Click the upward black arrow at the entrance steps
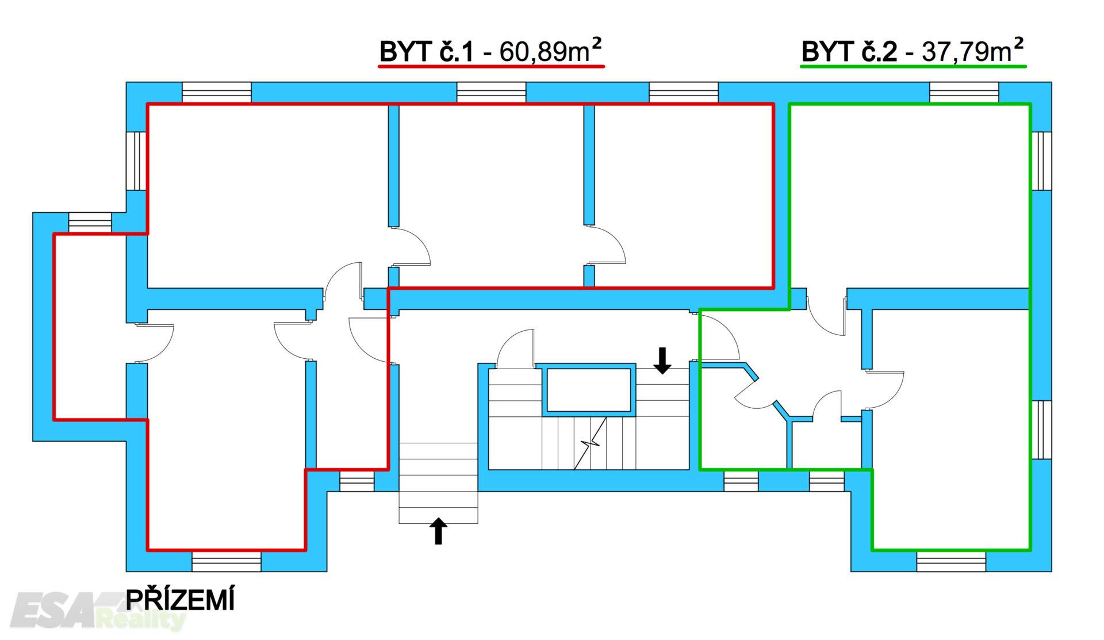click(x=439, y=531)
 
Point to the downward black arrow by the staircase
click(x=663, y=360)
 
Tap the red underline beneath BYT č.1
click(x=491, y=67)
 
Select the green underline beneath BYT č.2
click(x=913, y=67)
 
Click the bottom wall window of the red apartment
click(x=227, y=561)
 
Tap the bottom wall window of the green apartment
click(x=951, y=561)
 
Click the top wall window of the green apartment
click(x=964, y=93)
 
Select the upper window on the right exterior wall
click(x=1041, y=161)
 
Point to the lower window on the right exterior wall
click(x=1041, y=430)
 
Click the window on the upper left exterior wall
click(x=136, y=161)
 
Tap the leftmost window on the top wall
click(x=217, y=93)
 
